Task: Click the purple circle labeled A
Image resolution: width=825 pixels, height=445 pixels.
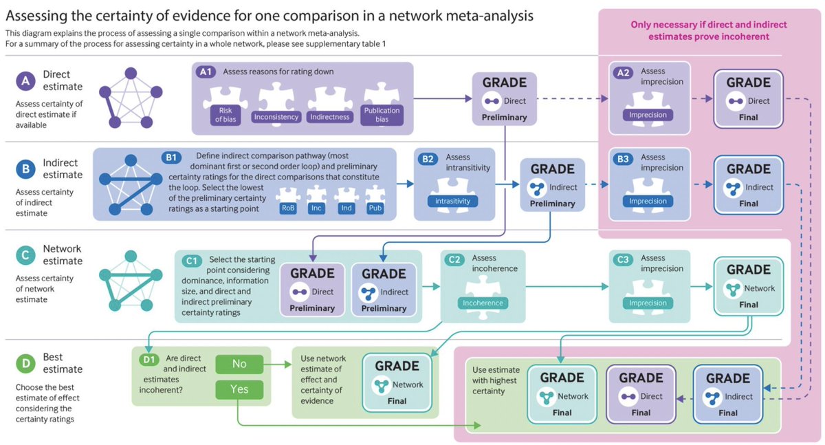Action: pyautogui.click(x=25, y=82)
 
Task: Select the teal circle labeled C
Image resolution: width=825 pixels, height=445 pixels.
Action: pyautogui.click(x=25, y=256)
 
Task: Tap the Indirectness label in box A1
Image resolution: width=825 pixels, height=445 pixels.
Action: pyautogui.click(x=331, y=117)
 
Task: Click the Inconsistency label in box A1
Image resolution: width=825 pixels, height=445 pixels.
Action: pyautogui.click(x=276, y=117)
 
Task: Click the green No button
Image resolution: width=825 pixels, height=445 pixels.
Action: pyautogui.click(x=239, y=363)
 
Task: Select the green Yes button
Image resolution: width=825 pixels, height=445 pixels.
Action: pyautogui.click(x=239, y=389)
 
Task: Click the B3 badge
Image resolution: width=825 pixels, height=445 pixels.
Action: pyautogui.click(x=624, y=159)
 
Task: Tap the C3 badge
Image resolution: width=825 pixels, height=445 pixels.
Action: pyautogui.click(x=624, y=260)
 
